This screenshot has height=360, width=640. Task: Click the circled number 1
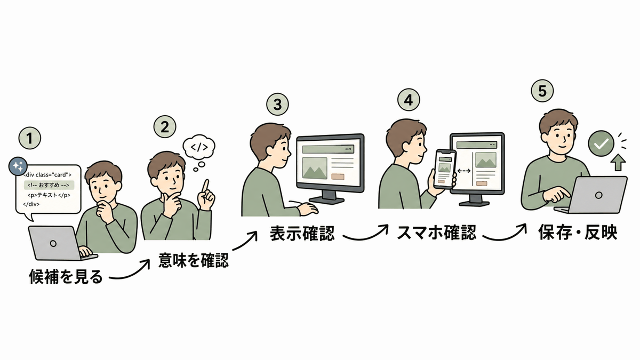click(30, 138)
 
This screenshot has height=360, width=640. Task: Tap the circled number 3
click(277, 105)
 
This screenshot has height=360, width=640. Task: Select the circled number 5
click(542, 91)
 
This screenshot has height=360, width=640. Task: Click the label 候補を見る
click(66, 277)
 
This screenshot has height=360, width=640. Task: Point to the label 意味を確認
click(194, 260)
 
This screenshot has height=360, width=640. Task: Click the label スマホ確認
click(437, 233)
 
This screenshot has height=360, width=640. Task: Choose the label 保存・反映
click(578, 233)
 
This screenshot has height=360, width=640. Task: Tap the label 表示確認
click(302, 234)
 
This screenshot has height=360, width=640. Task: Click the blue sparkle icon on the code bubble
click(18, 166)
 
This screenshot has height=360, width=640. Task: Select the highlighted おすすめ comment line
click(49, 185)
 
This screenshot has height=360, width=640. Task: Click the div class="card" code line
click(47, 175)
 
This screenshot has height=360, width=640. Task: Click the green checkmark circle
click(601, 143)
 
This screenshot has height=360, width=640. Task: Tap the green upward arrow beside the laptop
click(618, 162)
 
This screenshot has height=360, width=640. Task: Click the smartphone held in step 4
click(445, 169)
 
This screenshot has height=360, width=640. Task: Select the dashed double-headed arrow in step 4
click(463, 171)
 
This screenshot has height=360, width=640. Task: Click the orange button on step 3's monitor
click(338, 177)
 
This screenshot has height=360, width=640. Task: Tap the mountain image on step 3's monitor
click(315, 169)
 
